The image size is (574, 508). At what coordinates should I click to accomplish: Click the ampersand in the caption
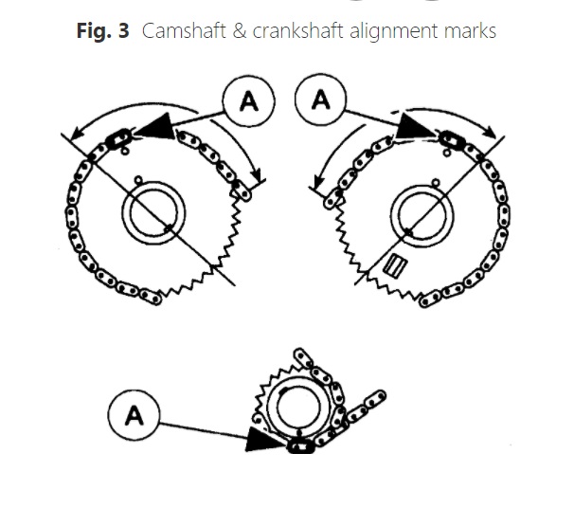(237, 30)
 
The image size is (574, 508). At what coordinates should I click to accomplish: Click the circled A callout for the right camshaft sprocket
(320, 101)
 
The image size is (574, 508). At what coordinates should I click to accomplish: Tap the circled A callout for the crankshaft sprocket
(135, 416)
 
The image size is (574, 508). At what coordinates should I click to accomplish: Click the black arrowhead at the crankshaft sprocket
(264, 438)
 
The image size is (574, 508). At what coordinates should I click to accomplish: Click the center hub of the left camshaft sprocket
(152, 215)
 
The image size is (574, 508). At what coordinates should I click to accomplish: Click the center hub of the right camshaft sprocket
(419, 215)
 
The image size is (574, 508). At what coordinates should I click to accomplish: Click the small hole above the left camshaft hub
(139, 179)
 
